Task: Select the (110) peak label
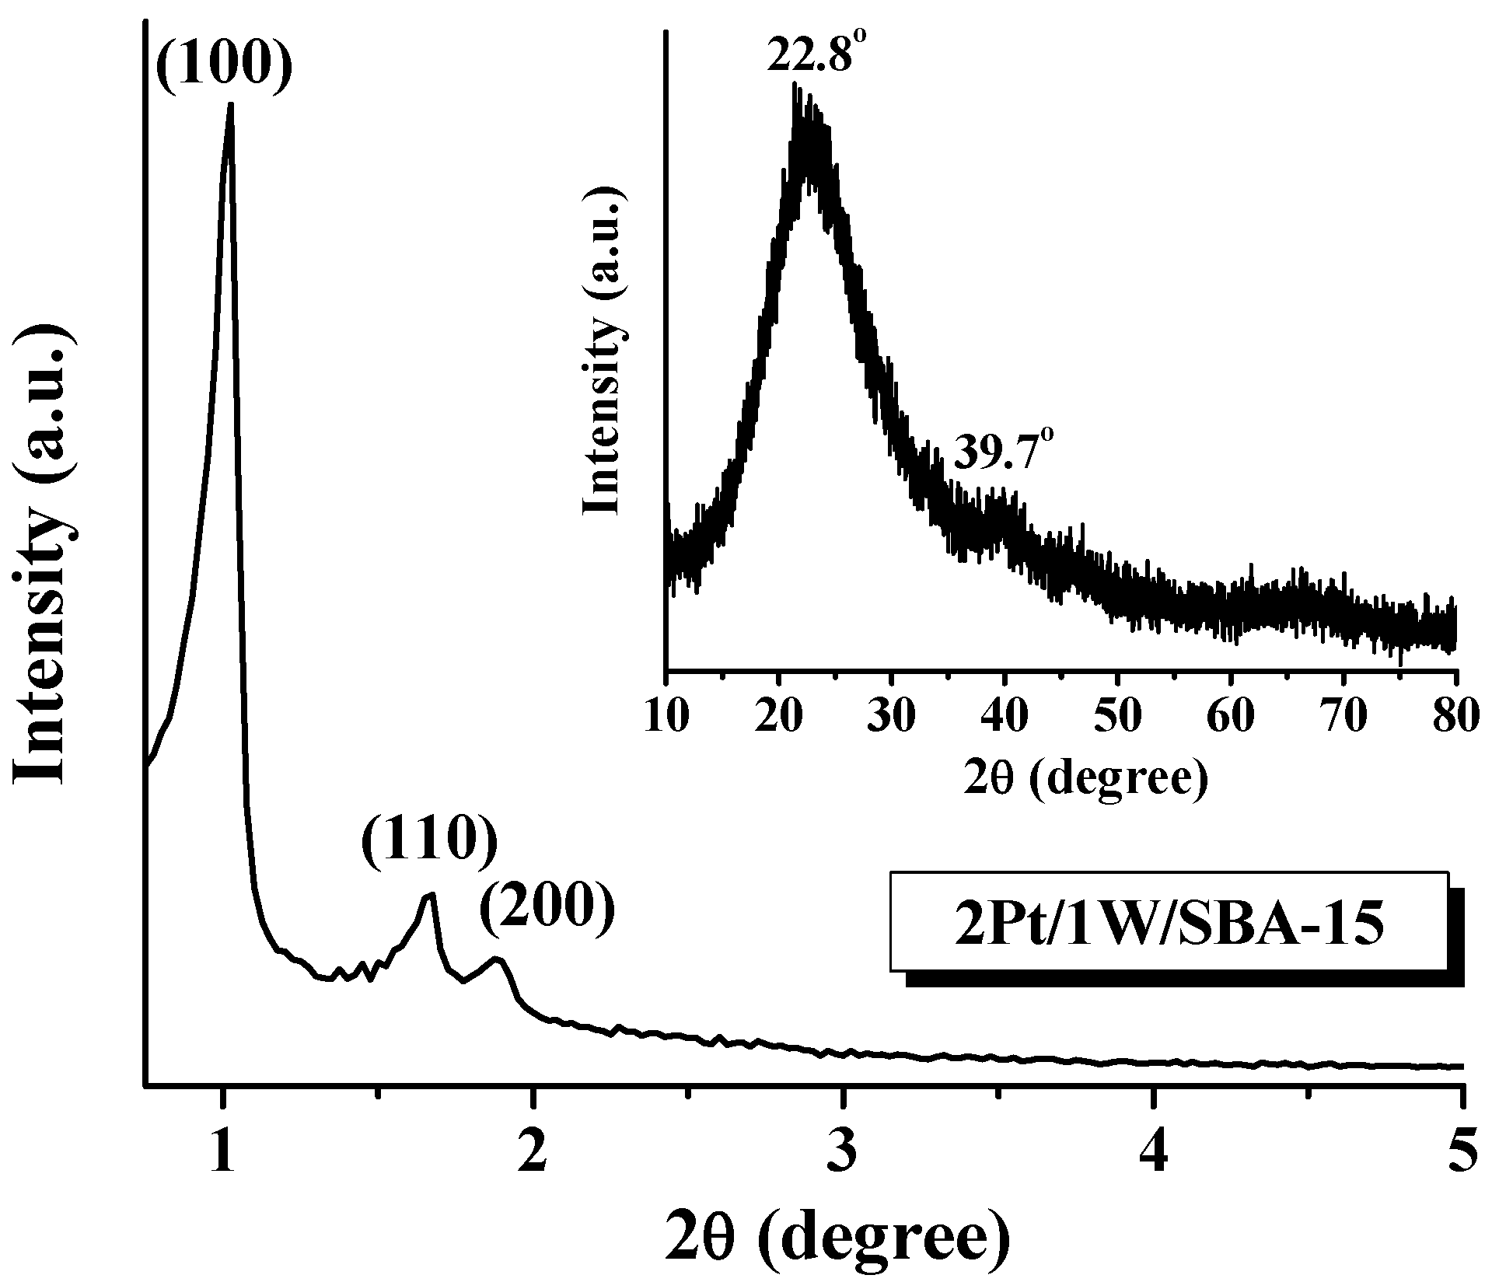click(429, 853)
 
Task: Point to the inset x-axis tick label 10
click(666, 716)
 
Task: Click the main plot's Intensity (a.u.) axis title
click(47, 555)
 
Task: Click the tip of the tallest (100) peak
click(230, 105)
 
